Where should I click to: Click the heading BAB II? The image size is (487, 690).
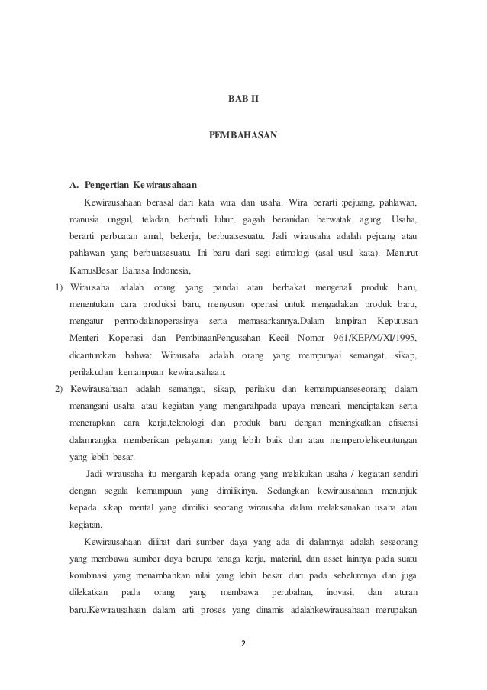243,99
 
